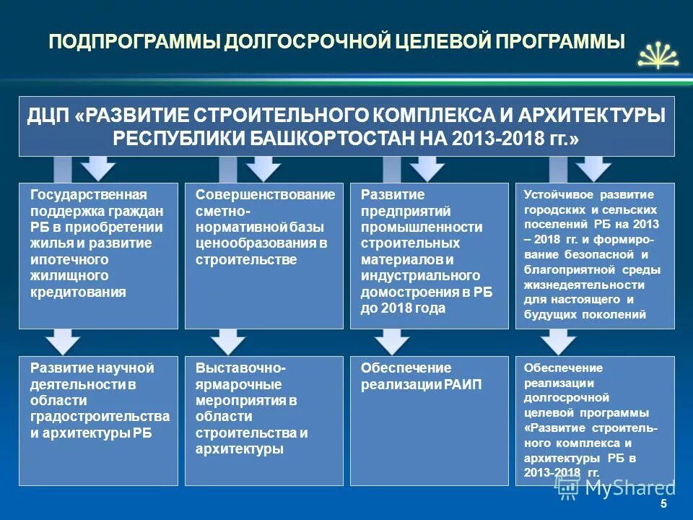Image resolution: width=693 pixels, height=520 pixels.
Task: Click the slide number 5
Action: (663, 503)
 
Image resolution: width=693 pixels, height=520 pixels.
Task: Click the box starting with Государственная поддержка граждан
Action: (98, 256)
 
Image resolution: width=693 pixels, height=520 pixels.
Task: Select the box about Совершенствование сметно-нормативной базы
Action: (264, 256)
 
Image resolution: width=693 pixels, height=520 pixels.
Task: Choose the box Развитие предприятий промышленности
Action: (430, 256)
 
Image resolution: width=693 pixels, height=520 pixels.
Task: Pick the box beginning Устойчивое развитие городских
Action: (595, 256)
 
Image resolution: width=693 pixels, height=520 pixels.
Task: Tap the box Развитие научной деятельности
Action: (98, 420)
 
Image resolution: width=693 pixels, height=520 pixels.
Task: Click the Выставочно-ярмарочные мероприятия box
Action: (264, 420)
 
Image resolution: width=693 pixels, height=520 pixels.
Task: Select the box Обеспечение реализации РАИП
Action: (430, 420)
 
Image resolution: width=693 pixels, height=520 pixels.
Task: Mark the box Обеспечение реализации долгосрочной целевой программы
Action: (595, 420)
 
